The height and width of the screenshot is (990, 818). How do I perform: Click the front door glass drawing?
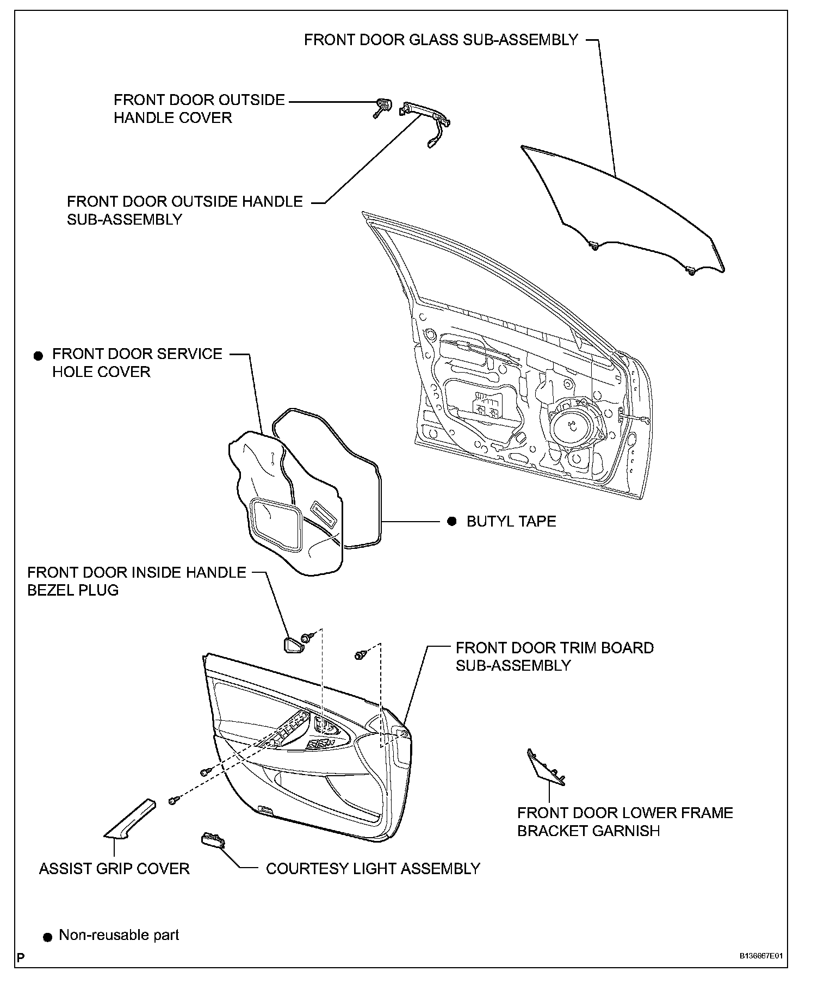click(x=625, y=212)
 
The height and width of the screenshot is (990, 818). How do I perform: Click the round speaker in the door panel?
click(x=575, y=423)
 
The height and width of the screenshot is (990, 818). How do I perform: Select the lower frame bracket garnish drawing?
click(x=546, y=769)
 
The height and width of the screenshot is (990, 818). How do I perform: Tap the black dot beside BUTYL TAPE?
click(x=451, y=522)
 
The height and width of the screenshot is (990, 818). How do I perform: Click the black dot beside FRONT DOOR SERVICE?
click(x=38, y=356)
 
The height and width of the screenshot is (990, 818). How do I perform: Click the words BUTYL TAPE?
click(x=511, y=522)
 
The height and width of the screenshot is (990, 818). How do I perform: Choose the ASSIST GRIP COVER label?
click(x=114, y=869)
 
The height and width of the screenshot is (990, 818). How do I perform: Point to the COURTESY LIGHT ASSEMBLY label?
click(x=373, y=869)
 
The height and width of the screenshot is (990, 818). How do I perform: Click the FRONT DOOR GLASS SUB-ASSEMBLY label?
click(x=441, y=40)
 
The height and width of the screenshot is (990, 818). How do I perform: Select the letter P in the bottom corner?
click(x=21, y=972)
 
